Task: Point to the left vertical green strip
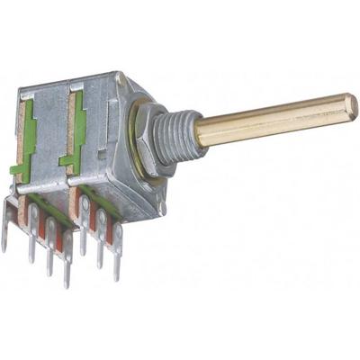(x=30, y=135)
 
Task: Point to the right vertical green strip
(x=80, y=130)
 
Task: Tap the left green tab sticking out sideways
(x=18, y=168)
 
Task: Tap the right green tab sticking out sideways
(x=67, y=161)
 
